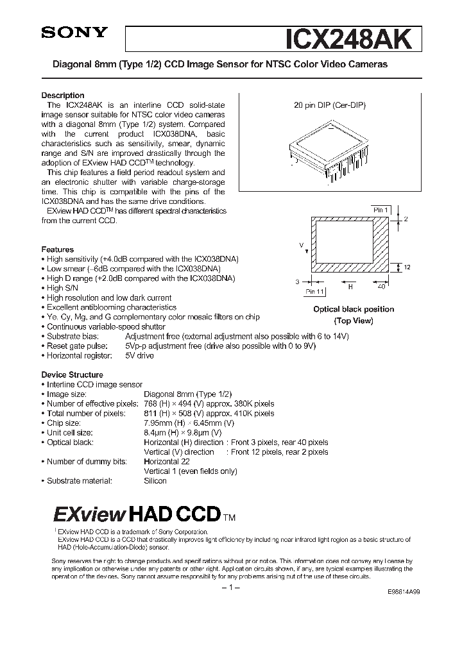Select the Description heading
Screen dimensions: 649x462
pos(63,96)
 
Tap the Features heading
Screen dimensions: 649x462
pos(58,249)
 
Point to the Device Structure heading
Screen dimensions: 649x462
pos(72,375)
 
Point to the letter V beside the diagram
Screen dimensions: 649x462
pos(301,245)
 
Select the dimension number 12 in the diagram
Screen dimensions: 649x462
pos(407,267)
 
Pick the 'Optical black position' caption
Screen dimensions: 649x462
pos(354,309)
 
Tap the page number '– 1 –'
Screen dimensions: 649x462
pos(231,589)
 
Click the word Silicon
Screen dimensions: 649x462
pos(155,480)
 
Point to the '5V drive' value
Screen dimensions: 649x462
pos(139,355)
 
